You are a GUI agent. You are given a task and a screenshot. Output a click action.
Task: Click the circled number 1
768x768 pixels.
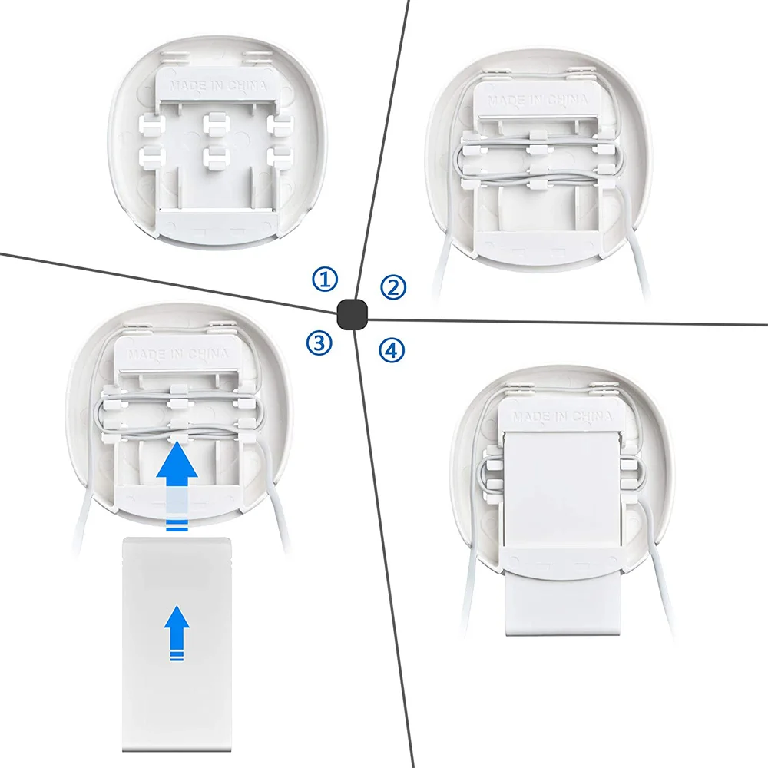tap(325, 280)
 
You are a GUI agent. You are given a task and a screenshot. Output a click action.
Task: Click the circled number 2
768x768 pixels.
tap(393, 287)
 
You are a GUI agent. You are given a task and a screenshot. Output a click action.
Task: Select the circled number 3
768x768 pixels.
tap(319, 343)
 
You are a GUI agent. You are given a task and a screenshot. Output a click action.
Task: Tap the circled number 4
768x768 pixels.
tap(391, 350)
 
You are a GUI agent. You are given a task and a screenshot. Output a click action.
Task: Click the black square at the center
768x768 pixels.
tap(352, 314)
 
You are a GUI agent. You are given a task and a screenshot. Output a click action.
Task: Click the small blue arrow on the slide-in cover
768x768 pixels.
tap(177, 627)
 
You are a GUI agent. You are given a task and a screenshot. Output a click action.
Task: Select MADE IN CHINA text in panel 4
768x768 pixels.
tap(558, 415)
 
